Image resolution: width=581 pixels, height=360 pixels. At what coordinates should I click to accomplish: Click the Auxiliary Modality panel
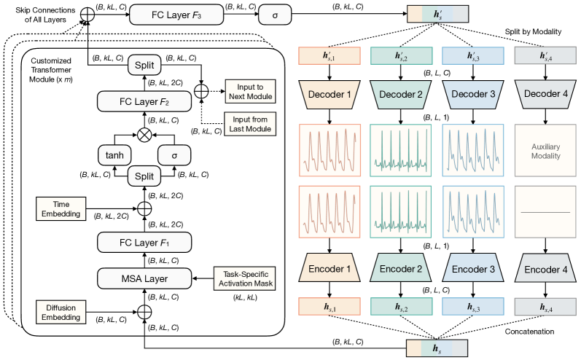click(x=542, y=151)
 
